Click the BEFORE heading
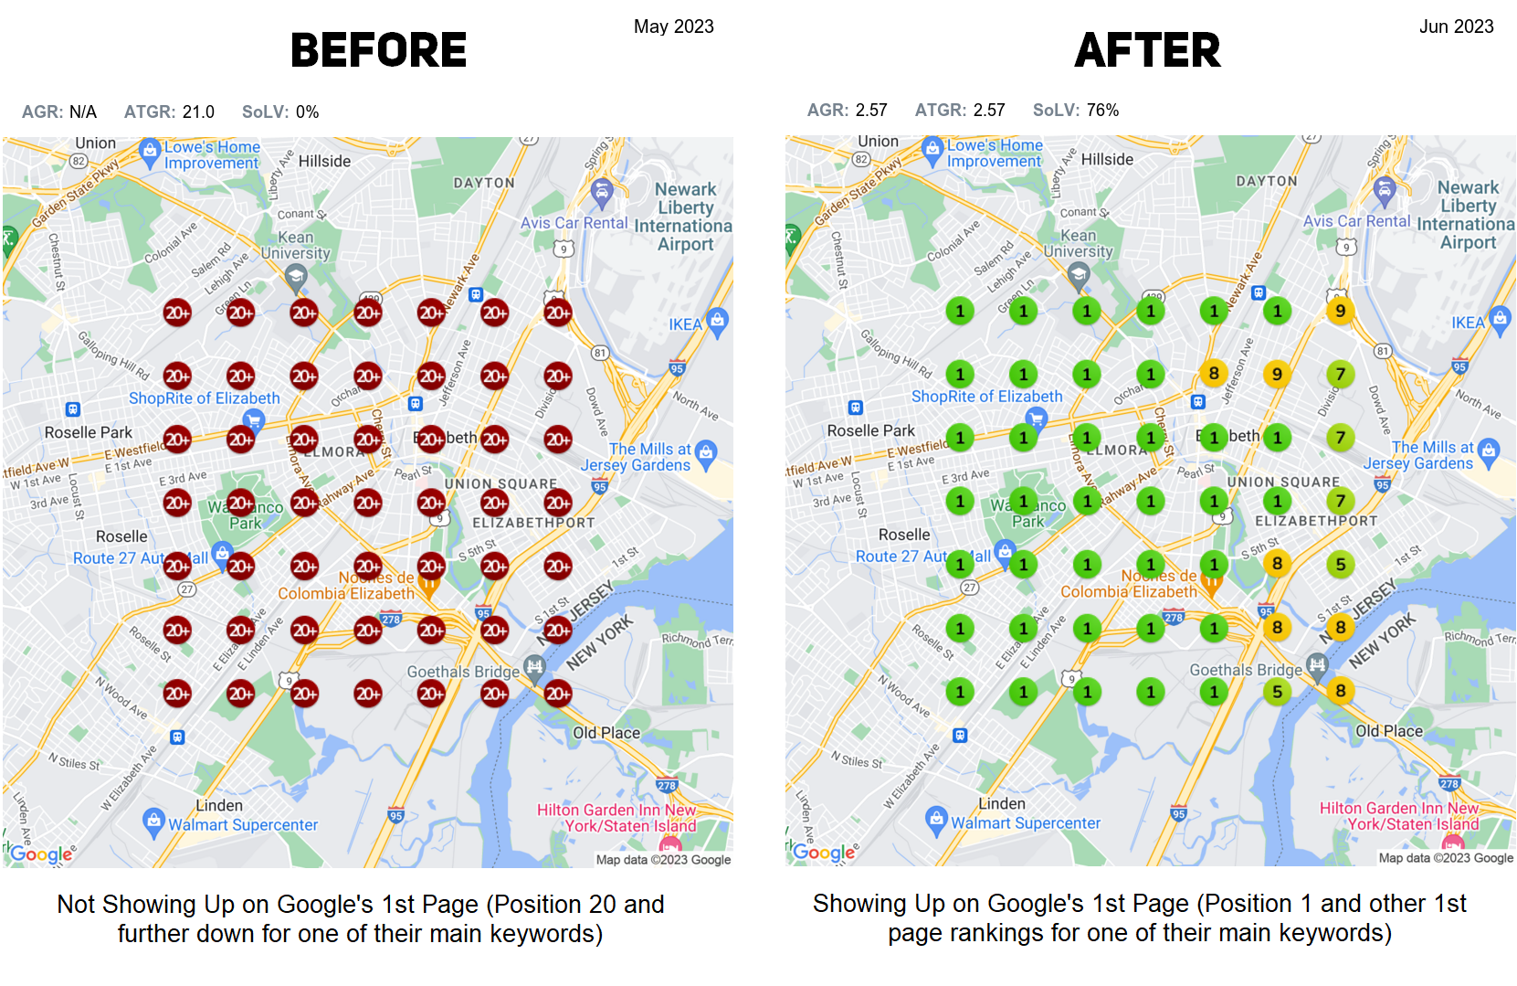[x=378, y=50]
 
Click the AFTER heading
[x=1147, y=50]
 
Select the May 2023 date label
[x=673, y=27]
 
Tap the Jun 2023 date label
[x=1456, y=27]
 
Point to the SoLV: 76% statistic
[x=1075, y=111]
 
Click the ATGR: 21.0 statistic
[x=169, y=111]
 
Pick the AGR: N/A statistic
[x=58, y=111]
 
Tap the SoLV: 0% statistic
[x=280, y=111]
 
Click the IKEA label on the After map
[x=1468, y=323]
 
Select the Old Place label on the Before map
[x=606, y=733]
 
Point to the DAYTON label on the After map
[x=1266, y=181]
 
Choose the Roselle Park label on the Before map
[x=89, y=432]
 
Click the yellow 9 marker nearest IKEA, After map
[x=1340, y=311]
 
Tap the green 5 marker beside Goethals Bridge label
[x=1277, y=692]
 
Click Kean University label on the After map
[x=1079, y=243]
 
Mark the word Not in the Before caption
[x=76, y=905]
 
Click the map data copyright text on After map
[x=1446, y=858]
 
